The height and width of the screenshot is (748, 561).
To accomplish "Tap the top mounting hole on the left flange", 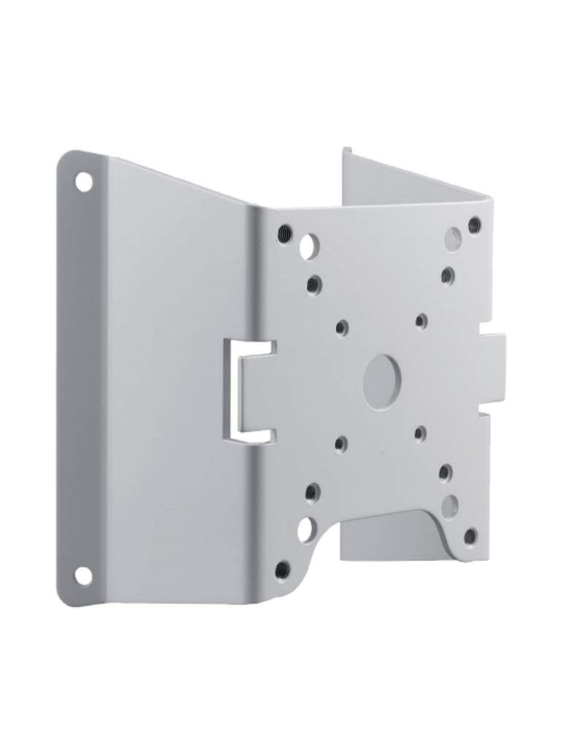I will (x=84, y=180).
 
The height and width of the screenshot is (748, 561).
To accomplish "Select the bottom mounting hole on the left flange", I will (x=84, y=576).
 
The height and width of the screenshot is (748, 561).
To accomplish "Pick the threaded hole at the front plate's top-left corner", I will (x=285, y=233).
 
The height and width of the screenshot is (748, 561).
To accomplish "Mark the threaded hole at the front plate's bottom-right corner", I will (x=470, y=536).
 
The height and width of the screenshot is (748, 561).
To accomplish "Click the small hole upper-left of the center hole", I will (x=342, y=327).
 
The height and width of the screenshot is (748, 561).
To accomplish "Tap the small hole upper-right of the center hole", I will (x=421, y=320).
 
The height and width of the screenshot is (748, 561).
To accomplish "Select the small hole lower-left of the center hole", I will (x=341, y=443).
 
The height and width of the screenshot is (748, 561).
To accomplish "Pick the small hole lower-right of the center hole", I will (x=420, y=435).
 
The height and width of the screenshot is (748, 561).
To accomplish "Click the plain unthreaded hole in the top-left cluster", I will (x=308, y=247).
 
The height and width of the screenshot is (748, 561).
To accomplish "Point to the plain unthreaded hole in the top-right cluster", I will (x=454, y=238).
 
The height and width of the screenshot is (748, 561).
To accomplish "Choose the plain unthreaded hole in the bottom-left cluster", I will (x=305, y=528).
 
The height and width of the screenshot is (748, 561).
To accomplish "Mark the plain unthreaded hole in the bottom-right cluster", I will (x=450, y=505).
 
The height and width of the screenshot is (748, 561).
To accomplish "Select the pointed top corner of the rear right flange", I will (x=346, y=150).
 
